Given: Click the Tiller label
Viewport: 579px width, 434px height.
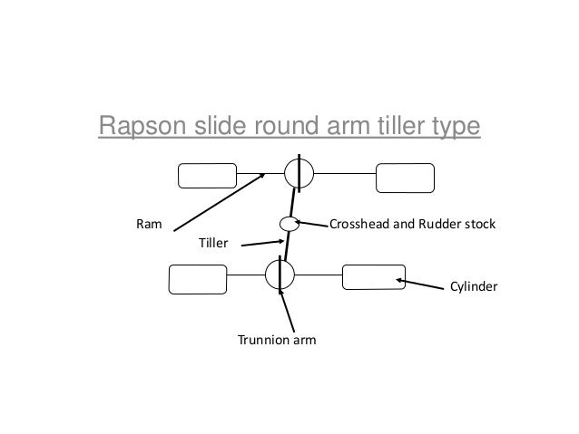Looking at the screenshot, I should pos(213,243).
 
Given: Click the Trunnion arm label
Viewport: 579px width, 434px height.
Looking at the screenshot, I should pos(272,341).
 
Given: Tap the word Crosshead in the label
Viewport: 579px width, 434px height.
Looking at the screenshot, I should pos(360,223).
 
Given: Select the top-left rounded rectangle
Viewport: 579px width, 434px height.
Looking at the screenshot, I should pos(207,175).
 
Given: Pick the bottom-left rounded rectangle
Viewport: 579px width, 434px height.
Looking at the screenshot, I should pos(199,278).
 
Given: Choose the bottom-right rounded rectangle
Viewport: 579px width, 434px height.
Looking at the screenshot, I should pos(373,275).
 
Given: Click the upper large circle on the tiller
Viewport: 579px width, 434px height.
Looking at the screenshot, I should pos(298,172).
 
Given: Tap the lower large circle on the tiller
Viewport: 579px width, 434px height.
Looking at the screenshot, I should pos(280,274).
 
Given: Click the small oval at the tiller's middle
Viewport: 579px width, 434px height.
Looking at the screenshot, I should pos(287,224).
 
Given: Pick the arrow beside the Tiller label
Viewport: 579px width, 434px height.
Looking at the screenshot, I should pos(261,241).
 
